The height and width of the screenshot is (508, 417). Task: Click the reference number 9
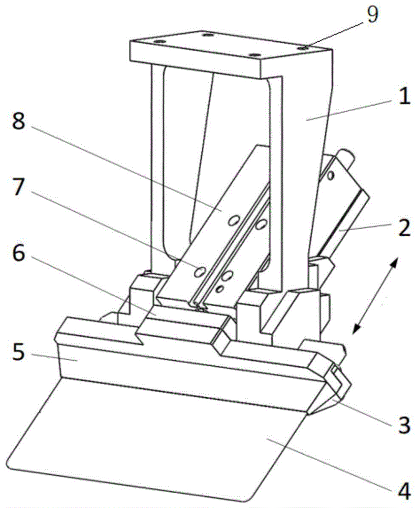(x=372, y=15)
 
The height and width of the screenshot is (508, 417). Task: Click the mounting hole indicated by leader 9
(x=304, y=47)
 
